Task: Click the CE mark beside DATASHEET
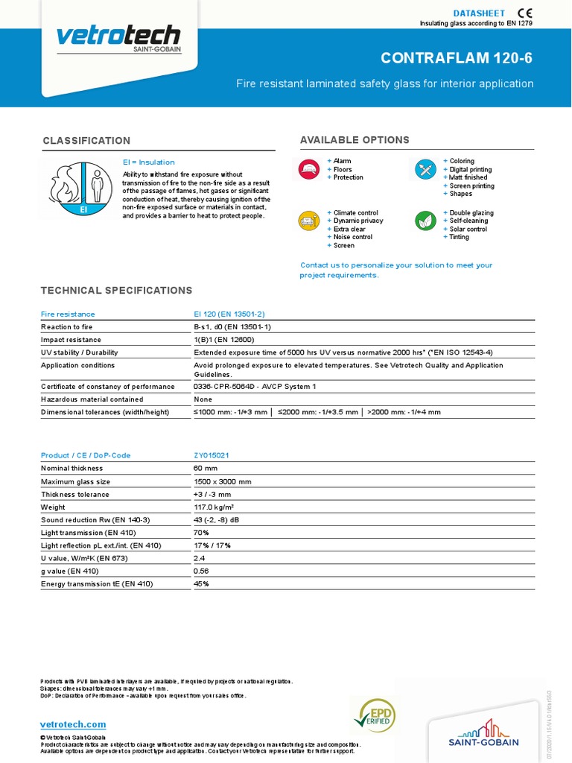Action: tap(524, 13)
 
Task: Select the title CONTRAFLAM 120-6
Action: tap(457, 58)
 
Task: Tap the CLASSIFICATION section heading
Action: tap(86, 141)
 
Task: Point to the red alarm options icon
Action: tap(310, 169)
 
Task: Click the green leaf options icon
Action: tap(426, 221)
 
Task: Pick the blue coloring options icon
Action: tap(426, 169)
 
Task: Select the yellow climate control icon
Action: tap(310, 221)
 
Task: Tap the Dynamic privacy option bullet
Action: tap(357, 221)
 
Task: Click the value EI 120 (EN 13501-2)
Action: tap(229, 314)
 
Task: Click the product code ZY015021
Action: tap(212, 455)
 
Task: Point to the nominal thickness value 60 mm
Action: tap(206, 468)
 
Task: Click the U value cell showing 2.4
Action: tap(200, 558)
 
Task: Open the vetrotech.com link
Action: tap(73, 724)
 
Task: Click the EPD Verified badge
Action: tap(375, 716)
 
